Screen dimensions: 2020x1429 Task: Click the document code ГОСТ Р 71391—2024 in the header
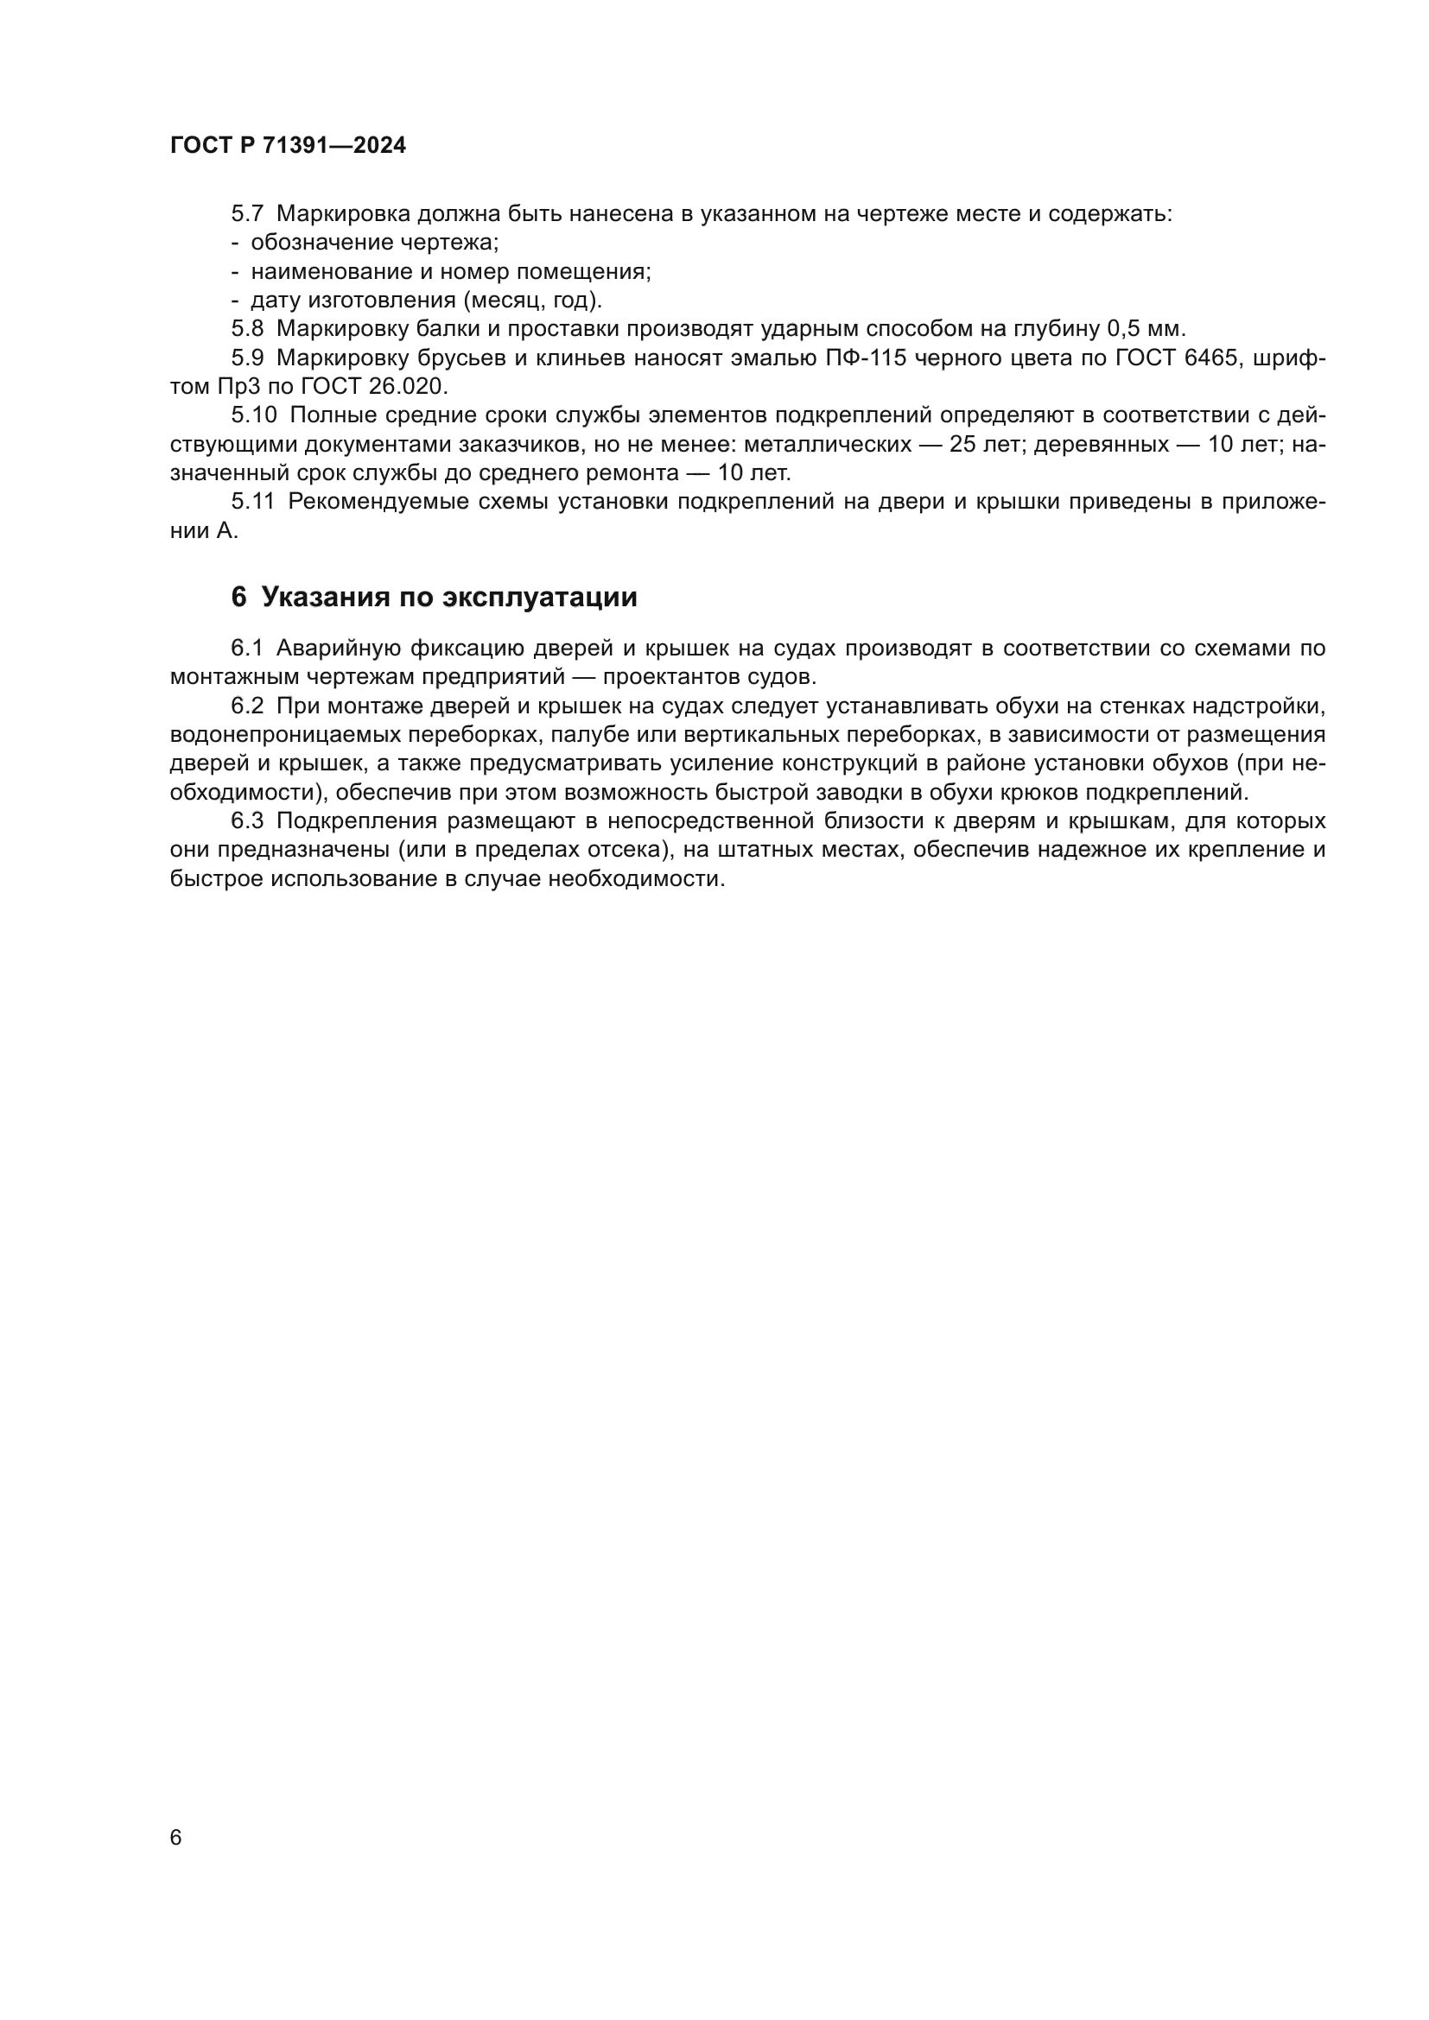(x=288, y=146)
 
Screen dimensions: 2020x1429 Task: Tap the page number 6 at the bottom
(x=176, y=1837)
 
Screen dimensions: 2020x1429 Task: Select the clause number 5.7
(x=247, y=214)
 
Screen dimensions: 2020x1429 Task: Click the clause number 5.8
(x=247, y=329)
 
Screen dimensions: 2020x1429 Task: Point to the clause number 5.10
(x=253, y=415)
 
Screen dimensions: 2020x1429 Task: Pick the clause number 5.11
(x=252, y=502)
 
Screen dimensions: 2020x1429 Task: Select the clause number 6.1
(x=247, y=649)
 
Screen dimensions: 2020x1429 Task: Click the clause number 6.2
(x=247, y=706)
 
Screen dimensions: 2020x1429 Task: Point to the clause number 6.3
(x=247, y=820)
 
